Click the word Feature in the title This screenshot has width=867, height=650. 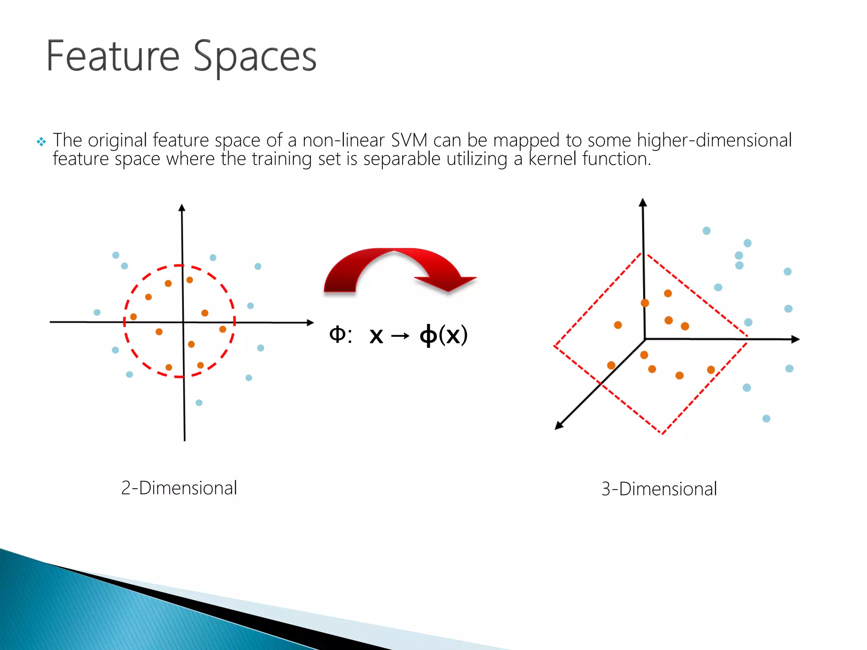click(x=113, y=56)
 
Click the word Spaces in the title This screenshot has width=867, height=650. click(x=255, y=58)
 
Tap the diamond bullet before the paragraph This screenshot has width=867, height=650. click(x=41, y=142)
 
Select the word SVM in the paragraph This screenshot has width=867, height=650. click(x=409, y=140)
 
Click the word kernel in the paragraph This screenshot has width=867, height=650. click(x=552, y=159)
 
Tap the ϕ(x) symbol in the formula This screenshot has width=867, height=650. click(x=443, y=335)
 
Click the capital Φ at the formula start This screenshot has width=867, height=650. click(x=337, y=334)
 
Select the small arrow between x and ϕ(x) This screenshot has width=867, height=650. click(x=400, y=336)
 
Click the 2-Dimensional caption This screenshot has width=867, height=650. click(x=179, y=488)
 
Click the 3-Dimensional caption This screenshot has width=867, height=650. click(x=659, y=489)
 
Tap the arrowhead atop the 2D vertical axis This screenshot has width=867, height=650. click(x=182, y=208)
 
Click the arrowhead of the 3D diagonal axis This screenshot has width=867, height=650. click(x=559, y=426)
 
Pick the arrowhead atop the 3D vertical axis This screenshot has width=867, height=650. click(x=643, y=202)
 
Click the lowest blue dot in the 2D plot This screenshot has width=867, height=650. click(x=199, y=402)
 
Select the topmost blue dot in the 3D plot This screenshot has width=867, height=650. click(x=706, y=231)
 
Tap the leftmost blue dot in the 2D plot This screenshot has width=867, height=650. click(x=97, y=312)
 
